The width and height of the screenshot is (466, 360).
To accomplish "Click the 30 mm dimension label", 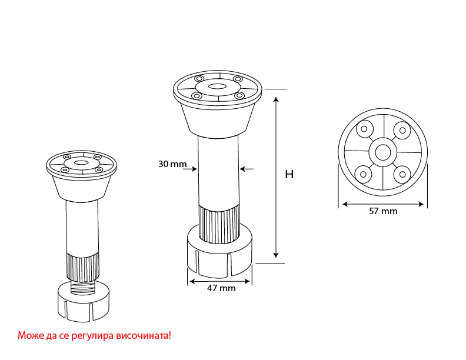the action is [172, 164].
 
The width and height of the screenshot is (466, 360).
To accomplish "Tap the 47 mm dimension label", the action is [221, 288].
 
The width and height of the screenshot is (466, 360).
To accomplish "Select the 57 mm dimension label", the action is [383, 211].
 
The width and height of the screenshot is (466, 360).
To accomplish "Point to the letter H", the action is [289, 174].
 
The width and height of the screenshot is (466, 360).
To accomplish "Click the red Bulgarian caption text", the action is [95, 335].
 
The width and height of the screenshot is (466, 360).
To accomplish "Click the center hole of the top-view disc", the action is [382, 152].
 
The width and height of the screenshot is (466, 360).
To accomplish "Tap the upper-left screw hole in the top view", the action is [364, 129].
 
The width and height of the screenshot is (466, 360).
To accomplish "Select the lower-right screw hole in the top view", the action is [402, 175].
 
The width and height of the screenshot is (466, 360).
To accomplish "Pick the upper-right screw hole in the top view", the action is [402, 130].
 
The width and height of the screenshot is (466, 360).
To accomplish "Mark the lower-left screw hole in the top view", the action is [363, 175].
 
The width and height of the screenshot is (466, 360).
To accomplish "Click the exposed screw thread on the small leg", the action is [82, 286].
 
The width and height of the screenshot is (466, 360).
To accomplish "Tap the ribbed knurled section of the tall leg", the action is [219, 224].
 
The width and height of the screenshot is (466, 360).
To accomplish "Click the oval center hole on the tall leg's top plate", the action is [217, 86].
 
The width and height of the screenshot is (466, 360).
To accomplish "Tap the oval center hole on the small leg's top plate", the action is [80, 162].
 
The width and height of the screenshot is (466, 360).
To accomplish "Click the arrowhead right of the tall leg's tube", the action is [242, 169].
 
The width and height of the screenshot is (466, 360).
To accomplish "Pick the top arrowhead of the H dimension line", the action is [277, 99].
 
